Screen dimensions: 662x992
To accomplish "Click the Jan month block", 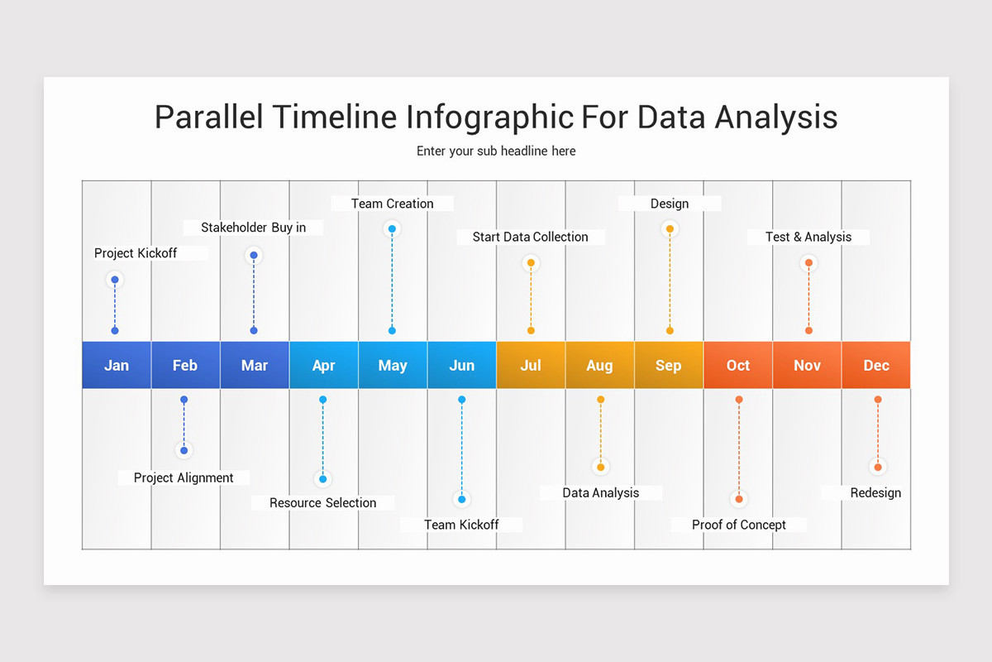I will pyautogui.click(x=117, y=365).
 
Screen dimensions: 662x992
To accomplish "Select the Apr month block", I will pyautogui.click(x=323, y=365).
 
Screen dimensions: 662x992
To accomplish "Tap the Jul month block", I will pyautogui.click(x=531, y=365).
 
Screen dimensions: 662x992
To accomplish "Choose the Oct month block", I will pyautogui.click(x=738, y=365).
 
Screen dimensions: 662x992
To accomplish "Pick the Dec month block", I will pyautogui.click(x=876, y=365).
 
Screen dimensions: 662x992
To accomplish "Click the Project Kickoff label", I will pyautogui.click(x=136, y=253).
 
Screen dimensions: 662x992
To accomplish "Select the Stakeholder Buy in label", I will pyautogui.click(x=253, y=228).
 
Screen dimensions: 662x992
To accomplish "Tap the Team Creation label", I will pyautogui.click(x=392, y=204).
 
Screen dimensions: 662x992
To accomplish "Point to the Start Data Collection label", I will pyautogui.click(x=530, y=237).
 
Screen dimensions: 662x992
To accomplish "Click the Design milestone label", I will pyautogui.click(x=670, y=204).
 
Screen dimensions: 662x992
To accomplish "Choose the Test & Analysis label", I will pyautogui.click(x=808, y=237).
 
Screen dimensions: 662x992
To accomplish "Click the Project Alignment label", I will pyautogui.click(x=184, y=477).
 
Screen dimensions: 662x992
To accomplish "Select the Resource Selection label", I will pyautogui.click(x=322, y=502).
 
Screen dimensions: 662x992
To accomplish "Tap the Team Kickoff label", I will pyautogui.click(x=461, y=525).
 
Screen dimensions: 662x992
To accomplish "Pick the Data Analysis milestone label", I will pyautogui.click(x=601, y=492).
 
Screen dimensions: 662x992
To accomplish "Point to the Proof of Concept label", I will pyautogui.click(x=738, y=525).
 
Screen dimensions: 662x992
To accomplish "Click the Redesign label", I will pyautogui.click(x=875, y=492).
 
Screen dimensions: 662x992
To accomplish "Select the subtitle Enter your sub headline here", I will pyautogui.click(x=496, y=151).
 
